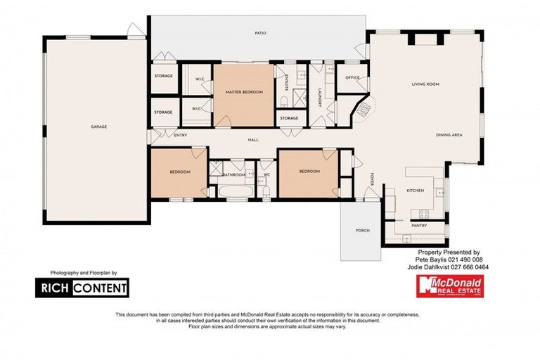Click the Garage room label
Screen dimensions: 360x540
coord(98,127)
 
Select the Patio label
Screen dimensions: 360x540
coord(259,33)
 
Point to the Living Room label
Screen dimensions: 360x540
coord(425,84)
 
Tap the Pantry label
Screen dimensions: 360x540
coord(421,226)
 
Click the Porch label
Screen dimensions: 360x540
coord(363,230)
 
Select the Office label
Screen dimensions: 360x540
coord(352,78)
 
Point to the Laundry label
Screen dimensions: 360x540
coord(319,97)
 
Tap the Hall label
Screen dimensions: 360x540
coord(253,140)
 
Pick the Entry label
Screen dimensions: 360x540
coord(161,135)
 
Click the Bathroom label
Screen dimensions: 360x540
coord(233,174)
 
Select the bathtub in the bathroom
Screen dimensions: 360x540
coord(233,191)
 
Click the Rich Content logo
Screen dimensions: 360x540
coord(82,287)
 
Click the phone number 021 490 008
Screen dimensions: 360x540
coord(464,259)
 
